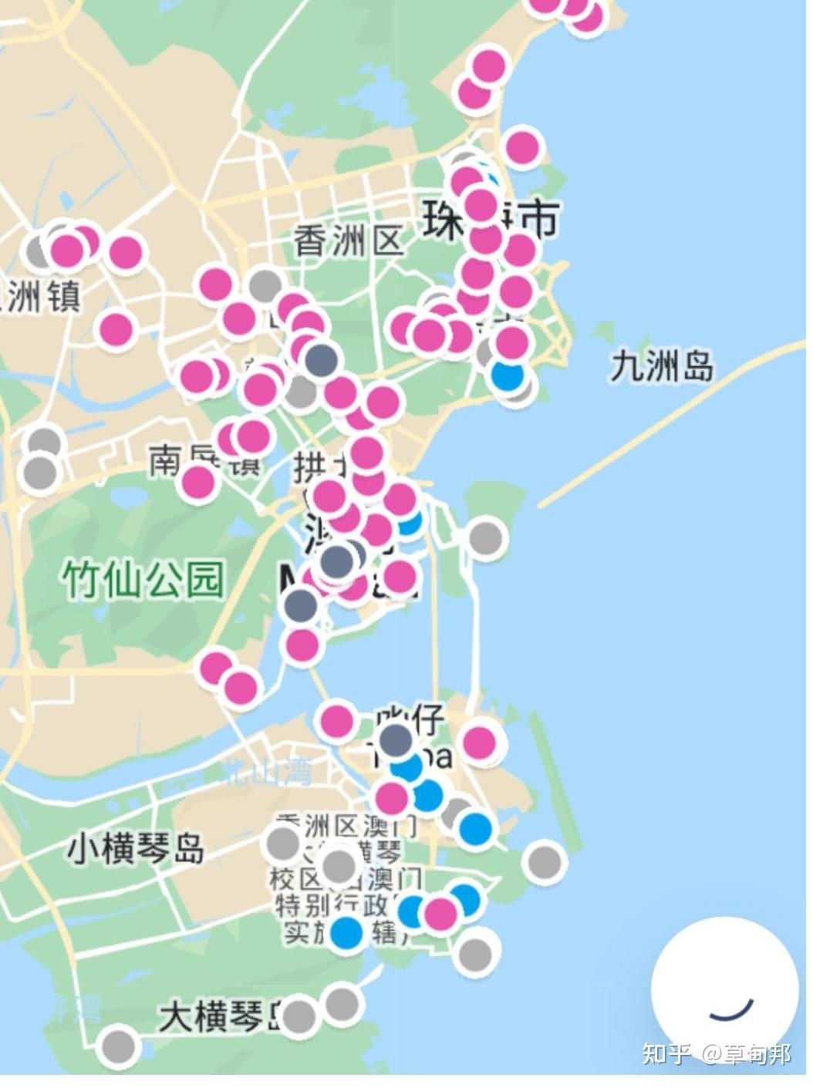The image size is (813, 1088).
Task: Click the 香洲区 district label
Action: pyautogui.click(x=349, y=241)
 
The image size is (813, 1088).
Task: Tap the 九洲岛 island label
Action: pyautogui.click(x=661, y=365)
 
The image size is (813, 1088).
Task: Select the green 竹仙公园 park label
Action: pyautogui.click(x=143, y=579)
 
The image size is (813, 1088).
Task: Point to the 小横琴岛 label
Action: pyautogui.click(x=136, y=848)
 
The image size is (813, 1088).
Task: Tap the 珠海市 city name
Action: pyautogui.click(x=489, y=219)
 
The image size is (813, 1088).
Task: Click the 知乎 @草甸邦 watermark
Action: pyautogui.click(x=717, y=1053)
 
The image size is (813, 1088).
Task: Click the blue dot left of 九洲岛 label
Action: pyautogui.click(x=507, y=376)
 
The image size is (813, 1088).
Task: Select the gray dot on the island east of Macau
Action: pyautogui.click(x=485, y=535)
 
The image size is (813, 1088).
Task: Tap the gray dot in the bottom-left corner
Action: pyautogui.click(x=118, y=1046)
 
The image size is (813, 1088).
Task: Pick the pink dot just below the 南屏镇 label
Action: pyautogui.click(x=198, y=483)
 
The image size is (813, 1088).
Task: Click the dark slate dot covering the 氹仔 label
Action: pyautogui.click(x=396, y=738)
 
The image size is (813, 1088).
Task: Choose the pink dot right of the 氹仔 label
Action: pyautogui.click(x=479, y=743)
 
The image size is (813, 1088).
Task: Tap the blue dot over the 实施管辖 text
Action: pyautogui.click(x=346, y=931)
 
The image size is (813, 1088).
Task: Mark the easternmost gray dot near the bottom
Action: pyautogui.click(x=545, y=861)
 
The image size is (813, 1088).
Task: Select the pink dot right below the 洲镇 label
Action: pyautogui.click(x=116, y=328)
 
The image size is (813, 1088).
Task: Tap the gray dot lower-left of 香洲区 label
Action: pyautogui.click(x=265, y=285)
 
